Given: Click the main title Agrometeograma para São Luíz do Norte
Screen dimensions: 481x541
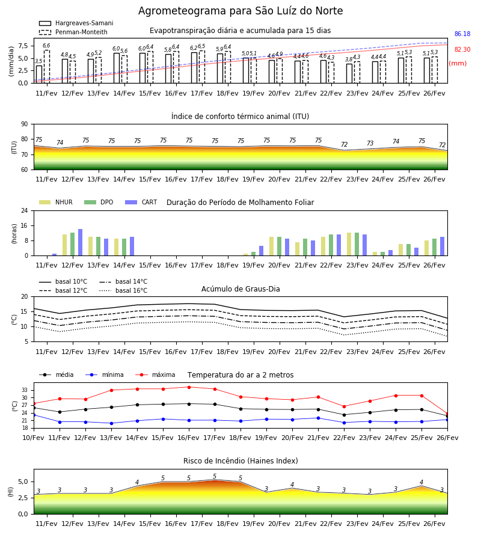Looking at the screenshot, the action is (x=240, y=11).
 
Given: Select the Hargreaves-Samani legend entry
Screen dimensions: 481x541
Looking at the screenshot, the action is (x=76, y=23).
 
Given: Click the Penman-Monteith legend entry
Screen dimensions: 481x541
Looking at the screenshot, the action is (x=73, y=32).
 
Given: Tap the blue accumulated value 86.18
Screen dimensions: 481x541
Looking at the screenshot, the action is (x=462, y=34).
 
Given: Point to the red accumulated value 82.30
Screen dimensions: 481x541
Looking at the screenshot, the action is (x=462, y=49).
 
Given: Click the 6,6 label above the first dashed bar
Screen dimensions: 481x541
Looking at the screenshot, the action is (x=46, y=46).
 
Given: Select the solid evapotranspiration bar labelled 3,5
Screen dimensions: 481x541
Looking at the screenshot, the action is (x=39, y=74).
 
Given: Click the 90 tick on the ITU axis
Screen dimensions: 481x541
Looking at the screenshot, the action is (x=25, y=124).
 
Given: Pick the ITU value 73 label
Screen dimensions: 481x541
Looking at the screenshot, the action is (x=370, y=143).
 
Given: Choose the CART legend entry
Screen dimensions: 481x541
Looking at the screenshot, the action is (x=141, y=202).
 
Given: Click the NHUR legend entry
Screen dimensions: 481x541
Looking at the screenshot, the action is (x=56, y=202).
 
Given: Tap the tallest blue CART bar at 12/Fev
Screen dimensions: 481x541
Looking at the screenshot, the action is (x=81, y=242).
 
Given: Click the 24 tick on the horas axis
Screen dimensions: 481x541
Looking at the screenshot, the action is (x=25, y=210).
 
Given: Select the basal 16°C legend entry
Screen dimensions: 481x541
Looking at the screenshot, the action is (x=123, y=290).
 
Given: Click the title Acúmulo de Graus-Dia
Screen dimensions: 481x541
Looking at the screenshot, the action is (x=240, y=289).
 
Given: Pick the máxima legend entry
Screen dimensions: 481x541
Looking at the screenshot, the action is (x=156, y=374).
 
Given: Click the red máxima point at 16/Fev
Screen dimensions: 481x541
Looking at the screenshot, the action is (x=189, y=387).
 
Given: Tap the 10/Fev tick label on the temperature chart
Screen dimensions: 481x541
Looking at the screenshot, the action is (x=34, y=438).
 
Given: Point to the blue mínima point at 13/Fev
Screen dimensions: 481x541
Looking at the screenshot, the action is (x=111, y=423).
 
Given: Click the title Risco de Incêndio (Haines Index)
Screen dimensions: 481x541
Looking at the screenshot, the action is (x=240, y=460).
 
